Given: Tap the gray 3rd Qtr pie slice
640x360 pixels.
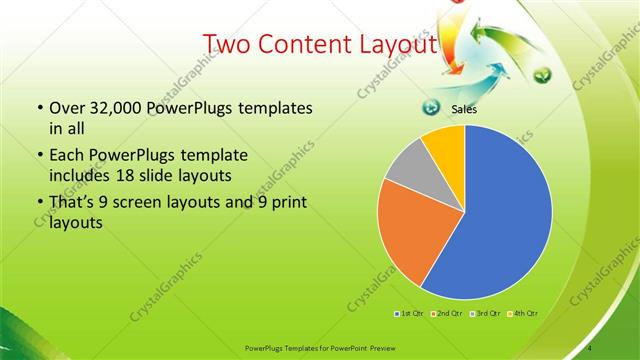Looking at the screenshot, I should (405, 171).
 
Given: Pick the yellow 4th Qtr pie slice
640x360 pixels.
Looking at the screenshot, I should (444, 143).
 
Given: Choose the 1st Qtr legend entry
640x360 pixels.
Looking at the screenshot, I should (409, 313).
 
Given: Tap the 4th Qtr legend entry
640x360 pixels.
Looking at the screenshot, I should (523, 313).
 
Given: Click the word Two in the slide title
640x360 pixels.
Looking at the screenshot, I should (229, 44).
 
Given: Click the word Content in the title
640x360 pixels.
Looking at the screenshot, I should (309, 44).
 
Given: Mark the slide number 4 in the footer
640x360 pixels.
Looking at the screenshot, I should (590, 347).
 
